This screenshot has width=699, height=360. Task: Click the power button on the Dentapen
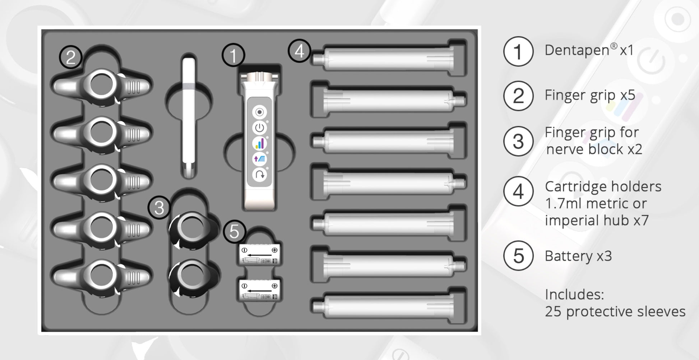pos(259,128)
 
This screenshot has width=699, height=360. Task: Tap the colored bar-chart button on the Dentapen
pos(259,143)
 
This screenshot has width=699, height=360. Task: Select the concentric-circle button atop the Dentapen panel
pos(259,112)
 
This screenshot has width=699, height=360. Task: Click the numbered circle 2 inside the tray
pos(71,57)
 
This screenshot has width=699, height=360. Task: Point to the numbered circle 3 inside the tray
pos(159,207)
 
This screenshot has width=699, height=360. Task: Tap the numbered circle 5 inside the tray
pos(234,231)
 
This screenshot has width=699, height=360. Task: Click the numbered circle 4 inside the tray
pos(299,51)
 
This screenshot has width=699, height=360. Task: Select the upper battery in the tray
pos(259,255)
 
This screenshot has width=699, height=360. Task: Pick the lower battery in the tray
pos(259,291)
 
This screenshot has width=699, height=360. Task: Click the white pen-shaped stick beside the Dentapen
pos(189,117)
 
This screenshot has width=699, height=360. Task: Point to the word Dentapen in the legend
pos(577,50)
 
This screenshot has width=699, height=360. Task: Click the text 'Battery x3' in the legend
pos(578,256)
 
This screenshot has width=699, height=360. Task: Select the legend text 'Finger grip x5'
pos(590,95)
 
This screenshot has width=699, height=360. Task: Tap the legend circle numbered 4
pos(518,191)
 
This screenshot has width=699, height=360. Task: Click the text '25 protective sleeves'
pos(615,311)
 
